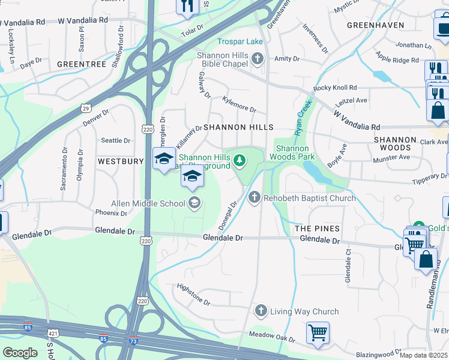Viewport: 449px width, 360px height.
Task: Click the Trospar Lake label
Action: click(x=240, y=41)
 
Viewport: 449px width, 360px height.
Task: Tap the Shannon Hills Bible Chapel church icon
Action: click(x=258, y=59)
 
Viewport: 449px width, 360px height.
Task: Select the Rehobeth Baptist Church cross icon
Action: click(x=255, y=197)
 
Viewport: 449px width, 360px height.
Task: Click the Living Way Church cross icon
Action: click(x=261, y=311)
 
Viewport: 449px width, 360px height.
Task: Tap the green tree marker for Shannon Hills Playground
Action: click(x=240, y=160)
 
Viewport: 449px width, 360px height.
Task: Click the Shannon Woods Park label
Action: click(x=295, y=152)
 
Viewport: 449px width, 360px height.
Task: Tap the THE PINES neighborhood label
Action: click(x=317, y=229)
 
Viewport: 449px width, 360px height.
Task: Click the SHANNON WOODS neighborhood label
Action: click(x=394, y=143)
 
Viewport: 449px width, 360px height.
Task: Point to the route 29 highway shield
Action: click(x=86, y=107)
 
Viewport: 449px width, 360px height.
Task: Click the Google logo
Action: click(x=20, y=352)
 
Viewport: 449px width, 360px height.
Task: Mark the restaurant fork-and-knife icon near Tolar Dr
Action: click(x=187, y=6)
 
